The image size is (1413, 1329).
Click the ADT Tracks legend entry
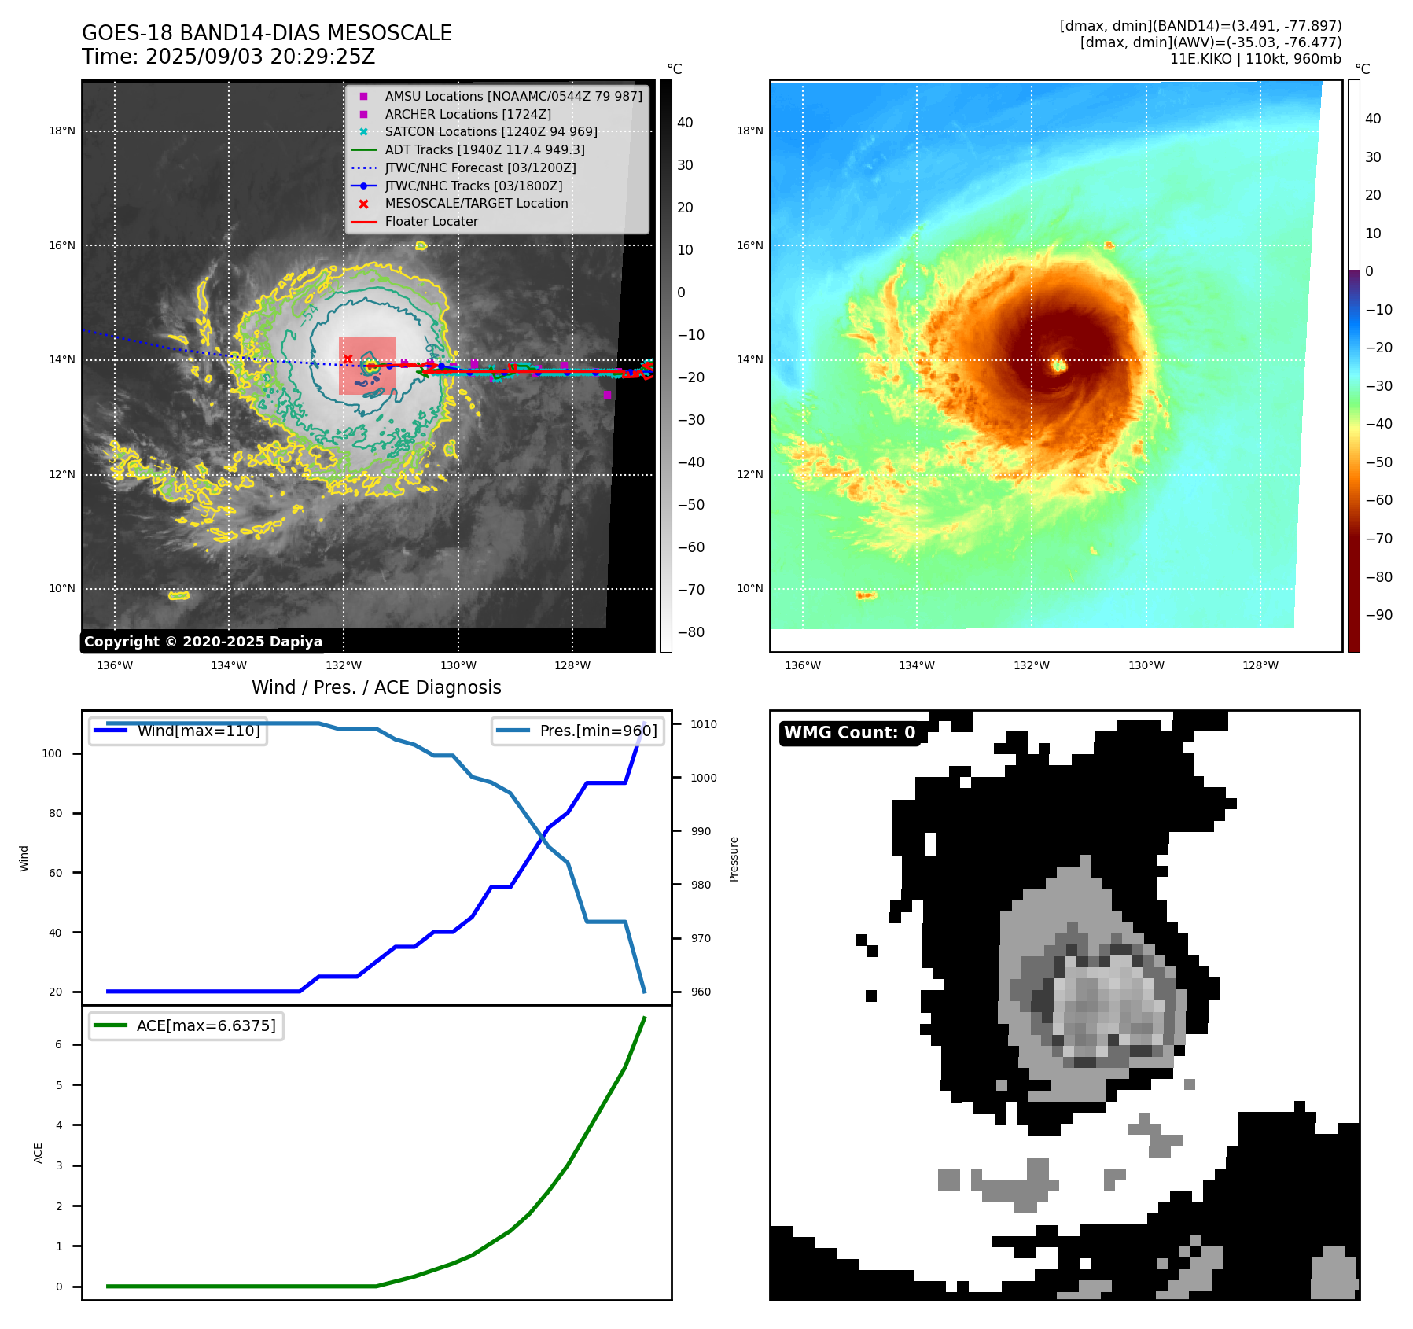[484, 149]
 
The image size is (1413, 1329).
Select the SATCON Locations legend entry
[490, 131]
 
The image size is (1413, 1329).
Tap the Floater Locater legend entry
[431, 221]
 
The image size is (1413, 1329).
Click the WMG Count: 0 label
[849, 733]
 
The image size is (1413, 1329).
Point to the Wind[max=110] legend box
[178, 731]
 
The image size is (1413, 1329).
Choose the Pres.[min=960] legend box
[578, 731]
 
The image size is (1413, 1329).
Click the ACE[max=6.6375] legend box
[186, 1025]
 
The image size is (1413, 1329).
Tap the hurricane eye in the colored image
[1058, 365]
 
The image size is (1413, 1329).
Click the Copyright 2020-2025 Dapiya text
[203, 642]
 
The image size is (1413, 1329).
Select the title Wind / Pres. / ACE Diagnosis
[376, 687]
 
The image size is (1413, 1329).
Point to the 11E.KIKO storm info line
[1255, 59]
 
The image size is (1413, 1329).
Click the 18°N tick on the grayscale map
[62, 131]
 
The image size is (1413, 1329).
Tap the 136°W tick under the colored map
[802, 665]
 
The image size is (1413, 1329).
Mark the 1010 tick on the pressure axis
[704, 724]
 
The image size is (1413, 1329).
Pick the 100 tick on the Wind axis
[51, 753]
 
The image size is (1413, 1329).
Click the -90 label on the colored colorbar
[1378, 615]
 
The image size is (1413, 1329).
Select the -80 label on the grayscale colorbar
[691, 632]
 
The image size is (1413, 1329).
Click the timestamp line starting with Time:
[228, 57]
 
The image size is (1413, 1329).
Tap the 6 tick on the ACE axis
[58, 1044]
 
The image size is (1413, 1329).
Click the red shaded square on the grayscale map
[367, 366]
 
